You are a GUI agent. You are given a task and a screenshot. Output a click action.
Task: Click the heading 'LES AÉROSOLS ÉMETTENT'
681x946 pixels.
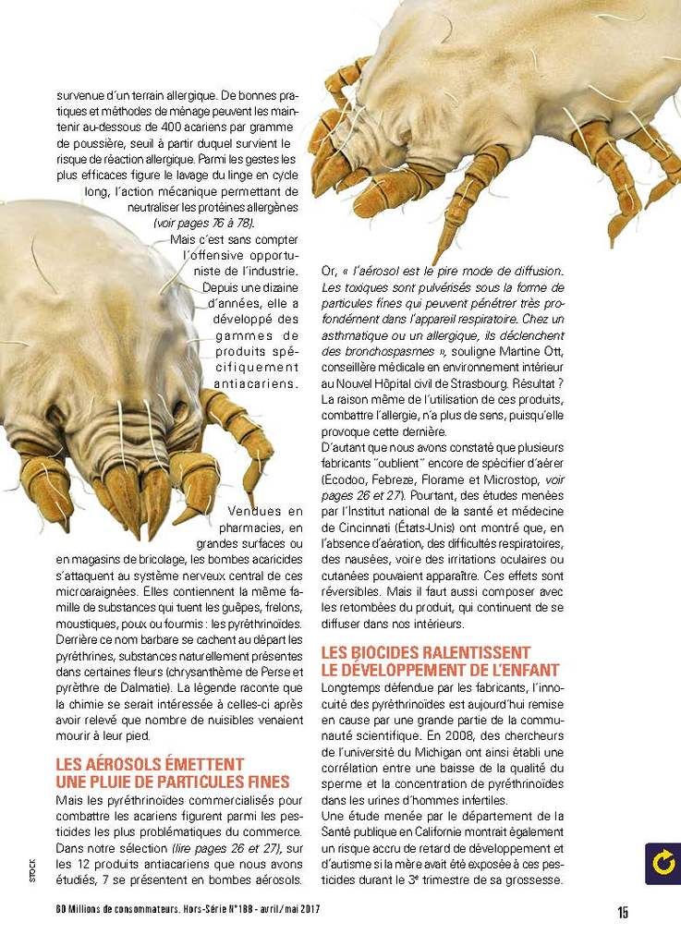150,765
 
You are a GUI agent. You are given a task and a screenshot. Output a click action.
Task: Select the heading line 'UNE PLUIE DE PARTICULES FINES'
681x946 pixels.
172,782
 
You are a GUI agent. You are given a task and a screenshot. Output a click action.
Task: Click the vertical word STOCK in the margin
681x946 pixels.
31,867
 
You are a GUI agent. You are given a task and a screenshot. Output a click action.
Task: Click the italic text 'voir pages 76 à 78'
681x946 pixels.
203,224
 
